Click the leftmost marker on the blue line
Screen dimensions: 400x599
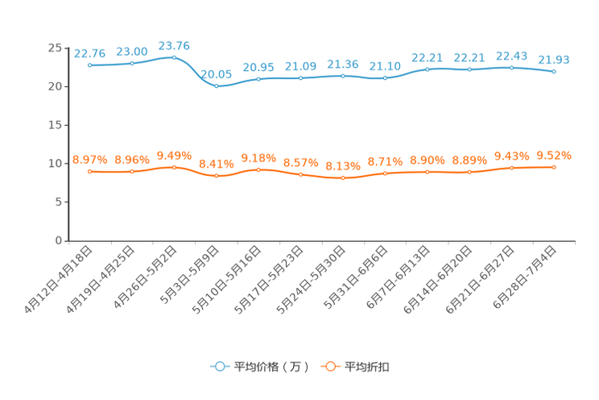coord(89,65)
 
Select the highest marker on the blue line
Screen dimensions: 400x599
coord(174,57)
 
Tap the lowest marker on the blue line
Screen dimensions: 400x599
coord(216,85)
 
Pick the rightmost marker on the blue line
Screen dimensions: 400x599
coord(554,72)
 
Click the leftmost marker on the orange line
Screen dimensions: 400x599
coord(89,172)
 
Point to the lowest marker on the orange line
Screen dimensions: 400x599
coord(343,177)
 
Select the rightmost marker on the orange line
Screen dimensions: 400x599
coord(554,167)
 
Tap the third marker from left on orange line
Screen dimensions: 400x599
coord(174,167)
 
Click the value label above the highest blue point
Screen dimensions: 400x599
coord(174,46)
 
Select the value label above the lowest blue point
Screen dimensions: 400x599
coord(216,73)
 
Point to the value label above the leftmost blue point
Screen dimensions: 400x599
coord(89,53)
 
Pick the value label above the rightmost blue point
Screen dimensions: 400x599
coord(554,60)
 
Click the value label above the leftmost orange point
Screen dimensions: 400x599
coord(89,160)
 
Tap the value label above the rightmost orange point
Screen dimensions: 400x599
coord(554,155)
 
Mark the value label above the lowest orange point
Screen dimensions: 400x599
coord(343,165)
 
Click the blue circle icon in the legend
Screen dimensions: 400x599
coord(219,367)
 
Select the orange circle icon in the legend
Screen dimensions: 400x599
coord(329,367)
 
